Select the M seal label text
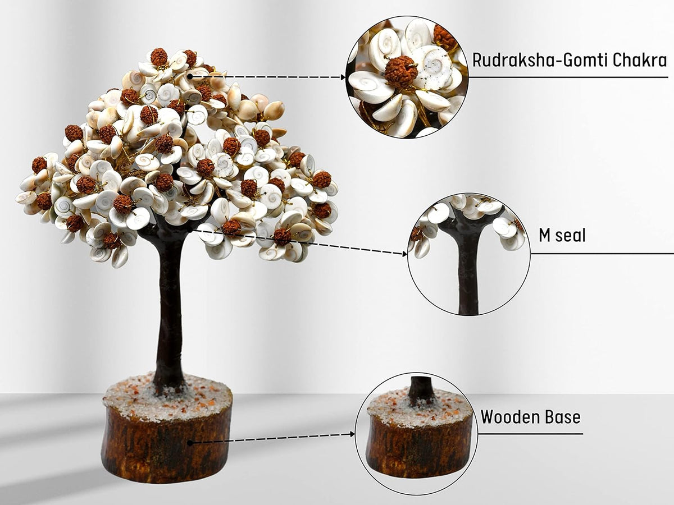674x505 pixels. point(562,236)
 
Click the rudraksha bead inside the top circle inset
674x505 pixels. point(401,71)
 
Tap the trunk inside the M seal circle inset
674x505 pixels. point(467,269)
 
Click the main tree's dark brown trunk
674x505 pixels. point(170,314)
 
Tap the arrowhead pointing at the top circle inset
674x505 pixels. point(343,77)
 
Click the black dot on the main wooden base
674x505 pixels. point(190,443)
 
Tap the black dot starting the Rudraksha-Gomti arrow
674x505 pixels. point(190,75)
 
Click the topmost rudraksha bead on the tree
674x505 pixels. point(159,57)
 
